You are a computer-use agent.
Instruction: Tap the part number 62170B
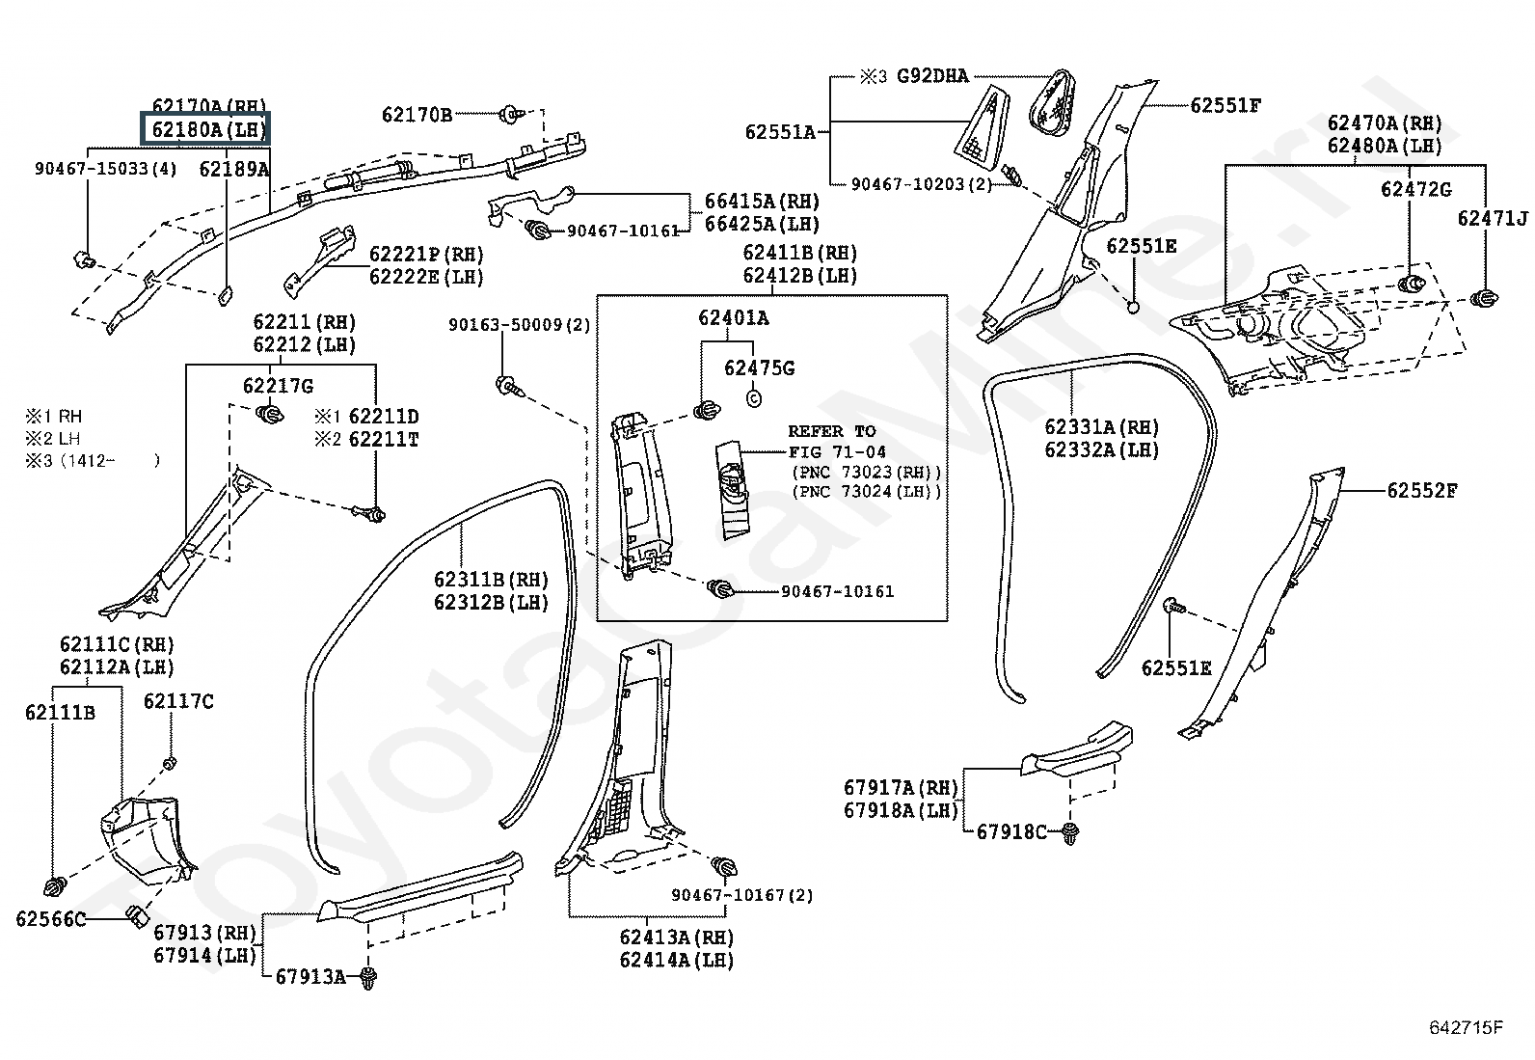coord(417,115)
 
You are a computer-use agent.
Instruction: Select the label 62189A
coord(234,169)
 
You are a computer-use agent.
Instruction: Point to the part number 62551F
coord(1225,105)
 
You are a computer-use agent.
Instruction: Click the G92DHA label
coord(932,76)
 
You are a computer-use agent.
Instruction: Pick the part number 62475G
coord(759,368)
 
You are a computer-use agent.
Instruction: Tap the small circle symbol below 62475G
coord(754,398)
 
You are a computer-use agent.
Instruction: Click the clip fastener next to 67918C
coord(1069,833)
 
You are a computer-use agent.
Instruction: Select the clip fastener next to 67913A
coord(368,977)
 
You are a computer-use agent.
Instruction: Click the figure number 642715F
coord(1467,1028)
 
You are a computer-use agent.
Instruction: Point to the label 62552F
coord(1422,491)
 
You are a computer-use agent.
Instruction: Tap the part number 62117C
coord(178,701)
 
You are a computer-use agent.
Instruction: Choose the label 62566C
coord(51,919)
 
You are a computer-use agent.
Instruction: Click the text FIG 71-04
coord(837,452)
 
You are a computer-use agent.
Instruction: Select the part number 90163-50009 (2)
coord(520,325)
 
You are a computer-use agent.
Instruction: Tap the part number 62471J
coord(1493,218)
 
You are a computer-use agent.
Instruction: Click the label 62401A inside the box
coord(733,318)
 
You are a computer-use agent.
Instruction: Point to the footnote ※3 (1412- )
coord(93,461)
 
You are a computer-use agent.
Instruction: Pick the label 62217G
coord(279,387)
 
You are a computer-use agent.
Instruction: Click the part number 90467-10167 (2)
coord(742,895)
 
